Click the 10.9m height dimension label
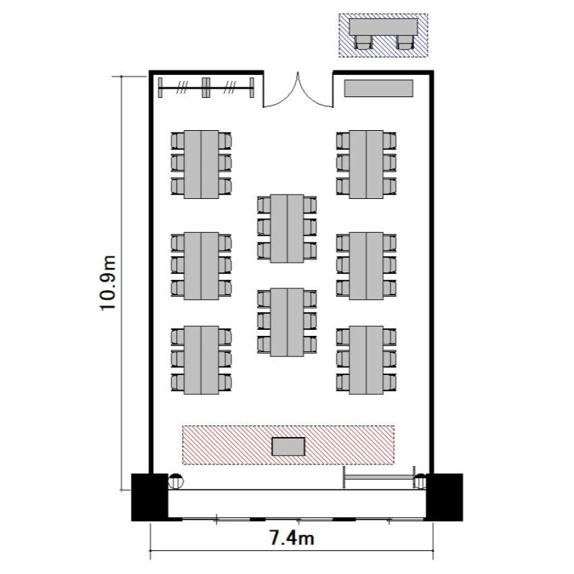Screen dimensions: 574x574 pos(108,282)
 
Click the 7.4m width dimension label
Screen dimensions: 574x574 pos(292,538)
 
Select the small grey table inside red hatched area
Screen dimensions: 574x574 pos(289,447)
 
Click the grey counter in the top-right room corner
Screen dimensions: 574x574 pos(379,88)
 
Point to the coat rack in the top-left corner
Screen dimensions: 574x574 pos(206,87)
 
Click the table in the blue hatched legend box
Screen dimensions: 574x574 pos(383,27)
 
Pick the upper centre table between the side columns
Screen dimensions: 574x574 pos(287,228)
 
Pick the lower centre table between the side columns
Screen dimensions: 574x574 pos(287,322)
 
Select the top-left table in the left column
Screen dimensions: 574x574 pos(201,165)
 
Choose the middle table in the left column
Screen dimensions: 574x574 pos(201,266)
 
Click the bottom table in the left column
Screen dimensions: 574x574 pos(201,360)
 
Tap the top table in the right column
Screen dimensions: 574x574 pos(367,165)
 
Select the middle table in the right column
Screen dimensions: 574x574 pos(367,266)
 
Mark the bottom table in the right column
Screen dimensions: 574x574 pos(367,360)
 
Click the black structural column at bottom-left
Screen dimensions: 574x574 pos(150,497)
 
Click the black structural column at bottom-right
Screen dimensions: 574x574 pos(445,497)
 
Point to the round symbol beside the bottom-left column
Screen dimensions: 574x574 pos(176,481)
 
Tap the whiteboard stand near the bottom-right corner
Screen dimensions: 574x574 pos(380,478)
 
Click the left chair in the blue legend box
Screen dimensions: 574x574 pos(363,42)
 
